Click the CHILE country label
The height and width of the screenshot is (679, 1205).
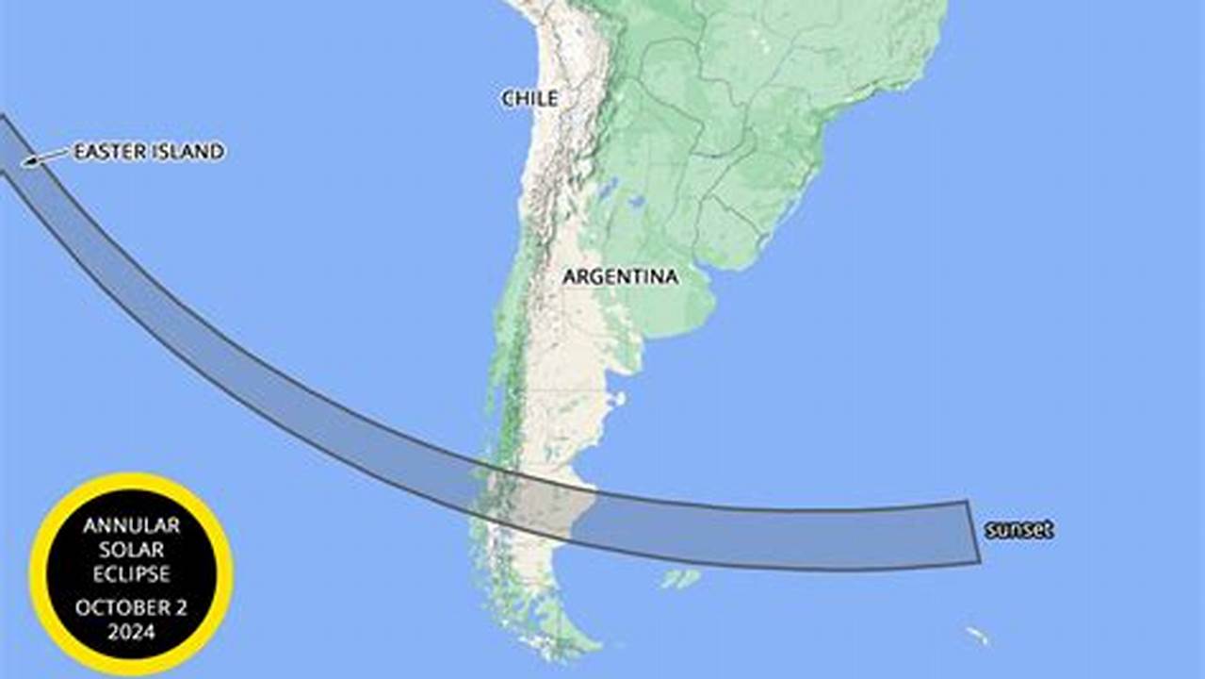[529, 98]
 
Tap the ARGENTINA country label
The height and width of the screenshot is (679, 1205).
[620, 276]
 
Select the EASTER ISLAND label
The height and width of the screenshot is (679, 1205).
[149, 152]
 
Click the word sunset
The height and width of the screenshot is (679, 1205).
[1018, 530]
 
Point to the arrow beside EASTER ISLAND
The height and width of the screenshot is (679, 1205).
[45, 157]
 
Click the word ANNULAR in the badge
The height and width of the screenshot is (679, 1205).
[131, 525]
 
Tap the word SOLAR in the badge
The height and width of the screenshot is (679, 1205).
[131, 549]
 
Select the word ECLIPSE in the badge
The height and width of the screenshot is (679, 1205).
[131, 573]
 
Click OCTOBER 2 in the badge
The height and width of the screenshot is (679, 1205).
[131, 607]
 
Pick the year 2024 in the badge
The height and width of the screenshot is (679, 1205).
[131, 632]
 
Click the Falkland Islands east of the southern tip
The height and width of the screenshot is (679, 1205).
[680, 577]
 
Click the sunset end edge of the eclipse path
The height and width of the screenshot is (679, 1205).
[974, 533]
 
